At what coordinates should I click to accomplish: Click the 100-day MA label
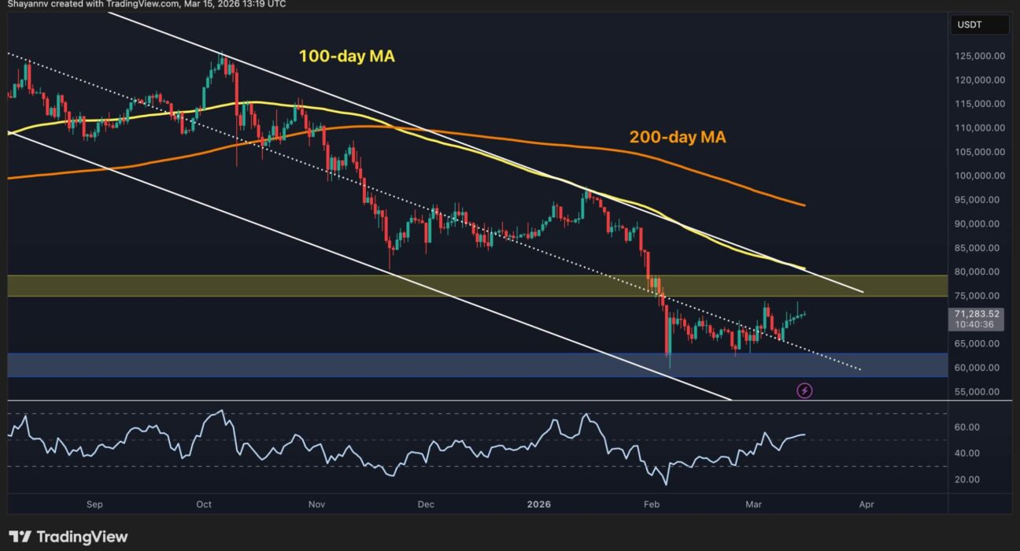346,56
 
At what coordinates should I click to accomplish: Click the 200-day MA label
677,137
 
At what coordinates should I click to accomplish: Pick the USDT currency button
979,25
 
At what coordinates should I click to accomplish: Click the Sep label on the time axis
94,504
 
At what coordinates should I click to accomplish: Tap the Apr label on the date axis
866,504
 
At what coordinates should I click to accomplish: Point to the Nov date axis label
317,504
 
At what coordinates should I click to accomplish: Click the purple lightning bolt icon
804,390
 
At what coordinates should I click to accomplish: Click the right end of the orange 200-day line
804,205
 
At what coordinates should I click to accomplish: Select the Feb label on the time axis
651,504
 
